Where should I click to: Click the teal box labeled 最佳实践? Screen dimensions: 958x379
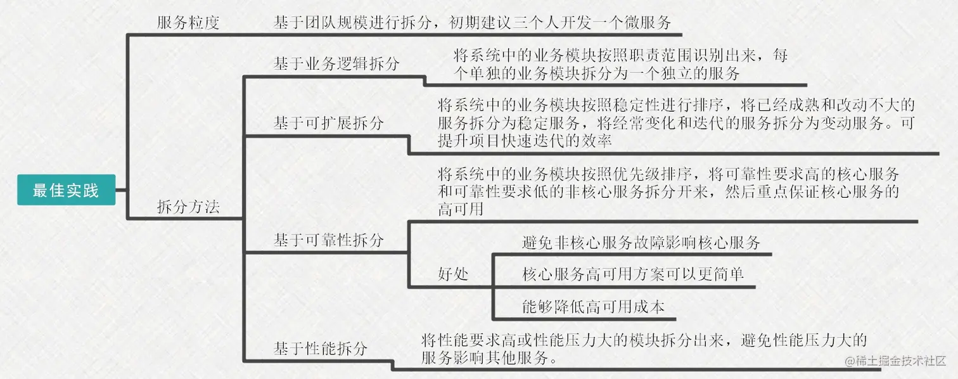(66, 190)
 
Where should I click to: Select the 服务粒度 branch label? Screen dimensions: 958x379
(188, 23)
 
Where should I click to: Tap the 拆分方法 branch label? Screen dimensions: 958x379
(188, 207)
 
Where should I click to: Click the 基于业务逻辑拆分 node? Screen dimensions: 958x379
(336, 63)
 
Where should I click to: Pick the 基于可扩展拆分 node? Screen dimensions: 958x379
(328, 123)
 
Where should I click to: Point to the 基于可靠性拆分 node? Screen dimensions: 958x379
(328, 240)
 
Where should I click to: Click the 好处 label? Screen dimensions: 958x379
(453, 274)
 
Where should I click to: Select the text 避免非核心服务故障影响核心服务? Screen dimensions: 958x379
(641, 243)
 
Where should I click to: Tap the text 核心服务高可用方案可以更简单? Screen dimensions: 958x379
(632, 274)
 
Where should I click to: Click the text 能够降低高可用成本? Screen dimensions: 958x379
(593, 307)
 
